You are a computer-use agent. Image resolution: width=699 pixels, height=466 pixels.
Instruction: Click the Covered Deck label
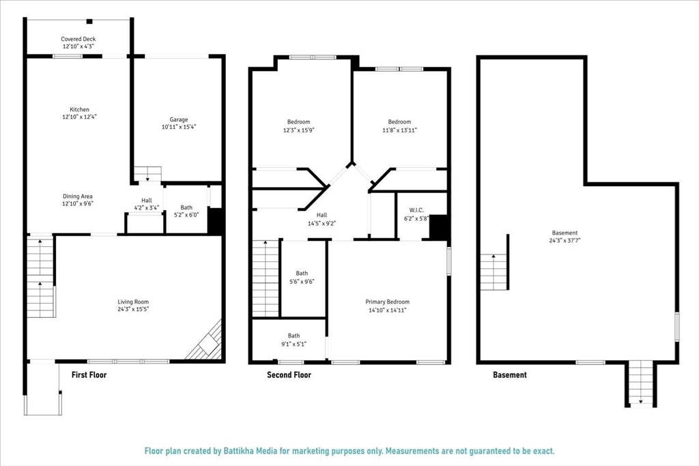79,40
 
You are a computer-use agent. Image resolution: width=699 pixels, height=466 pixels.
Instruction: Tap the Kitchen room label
79,110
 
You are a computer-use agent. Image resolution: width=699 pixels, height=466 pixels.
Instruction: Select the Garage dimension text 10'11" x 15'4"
179,127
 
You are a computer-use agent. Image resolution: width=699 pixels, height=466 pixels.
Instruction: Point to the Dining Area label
77,196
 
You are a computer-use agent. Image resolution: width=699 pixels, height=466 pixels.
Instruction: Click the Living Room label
133,302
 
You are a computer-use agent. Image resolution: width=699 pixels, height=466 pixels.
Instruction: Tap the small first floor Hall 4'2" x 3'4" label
145,204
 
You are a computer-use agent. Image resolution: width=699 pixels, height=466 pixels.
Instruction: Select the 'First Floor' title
89,375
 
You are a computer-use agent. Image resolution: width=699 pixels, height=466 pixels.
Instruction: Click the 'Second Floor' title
289,375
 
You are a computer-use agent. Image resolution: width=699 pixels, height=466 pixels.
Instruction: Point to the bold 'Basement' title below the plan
510,375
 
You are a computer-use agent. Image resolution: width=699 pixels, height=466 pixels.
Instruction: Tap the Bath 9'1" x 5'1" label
294,339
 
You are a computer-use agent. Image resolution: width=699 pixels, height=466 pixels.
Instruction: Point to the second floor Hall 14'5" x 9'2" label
322,218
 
